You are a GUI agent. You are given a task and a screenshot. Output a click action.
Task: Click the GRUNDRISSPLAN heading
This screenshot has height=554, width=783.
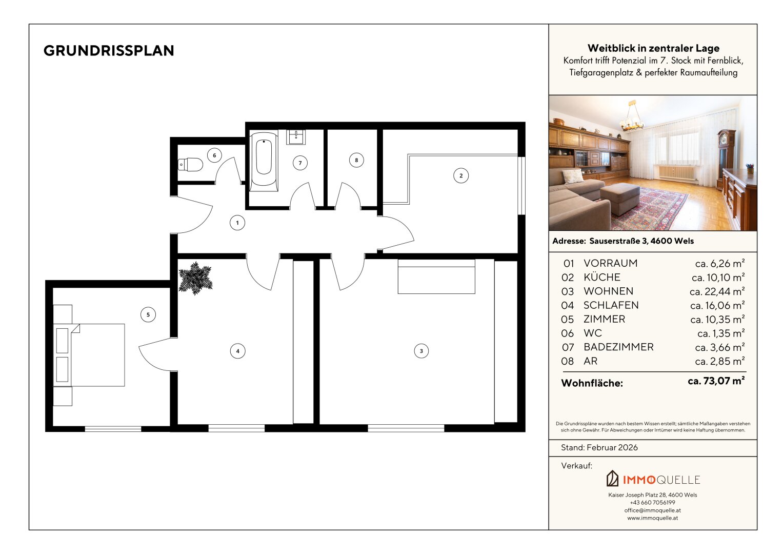[x=109, y=51]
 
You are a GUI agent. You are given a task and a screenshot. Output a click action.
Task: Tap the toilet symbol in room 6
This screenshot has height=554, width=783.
[x=190, y=164]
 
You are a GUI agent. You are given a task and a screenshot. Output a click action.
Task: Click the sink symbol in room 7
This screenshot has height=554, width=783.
[x=296, y=137]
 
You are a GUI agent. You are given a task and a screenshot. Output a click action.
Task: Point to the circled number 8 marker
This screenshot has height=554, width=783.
[x=356, y=160]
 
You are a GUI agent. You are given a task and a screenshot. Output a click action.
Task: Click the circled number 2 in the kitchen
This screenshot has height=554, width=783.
[x=461, y=175]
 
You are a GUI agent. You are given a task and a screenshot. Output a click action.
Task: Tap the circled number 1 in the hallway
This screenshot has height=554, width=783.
[x=237, y=223]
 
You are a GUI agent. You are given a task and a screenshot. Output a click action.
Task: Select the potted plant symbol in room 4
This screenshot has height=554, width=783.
[x=195, y=278]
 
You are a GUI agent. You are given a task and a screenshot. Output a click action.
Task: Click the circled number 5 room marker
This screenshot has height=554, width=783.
[x=148, y=315]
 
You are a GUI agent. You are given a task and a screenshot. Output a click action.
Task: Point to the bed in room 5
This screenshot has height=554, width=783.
[x=89, y=355]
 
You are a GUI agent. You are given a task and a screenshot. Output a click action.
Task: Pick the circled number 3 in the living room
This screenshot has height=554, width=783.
[x=421, y=351]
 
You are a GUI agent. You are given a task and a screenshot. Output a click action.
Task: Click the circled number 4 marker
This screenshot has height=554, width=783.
[x=238, y=351]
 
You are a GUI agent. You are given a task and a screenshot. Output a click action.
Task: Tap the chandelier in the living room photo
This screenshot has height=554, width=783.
[x=631, y=117]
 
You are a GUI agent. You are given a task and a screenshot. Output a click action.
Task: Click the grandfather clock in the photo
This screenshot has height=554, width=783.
[x=727, y=159]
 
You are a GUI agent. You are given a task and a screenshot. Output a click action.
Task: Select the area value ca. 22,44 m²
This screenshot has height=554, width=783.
[x=717, y=291]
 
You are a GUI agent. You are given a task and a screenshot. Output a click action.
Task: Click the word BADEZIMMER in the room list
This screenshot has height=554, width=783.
[x=618, y=347]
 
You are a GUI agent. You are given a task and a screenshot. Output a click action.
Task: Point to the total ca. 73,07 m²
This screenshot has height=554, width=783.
[x=716, y=381]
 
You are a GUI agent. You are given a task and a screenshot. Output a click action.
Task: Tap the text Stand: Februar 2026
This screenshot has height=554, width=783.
[x=599, y=448]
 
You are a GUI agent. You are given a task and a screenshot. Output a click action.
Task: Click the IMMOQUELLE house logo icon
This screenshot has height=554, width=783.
[x=612, y=479]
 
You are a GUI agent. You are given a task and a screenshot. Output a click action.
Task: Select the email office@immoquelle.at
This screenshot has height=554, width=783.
[x=653, y=510]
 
